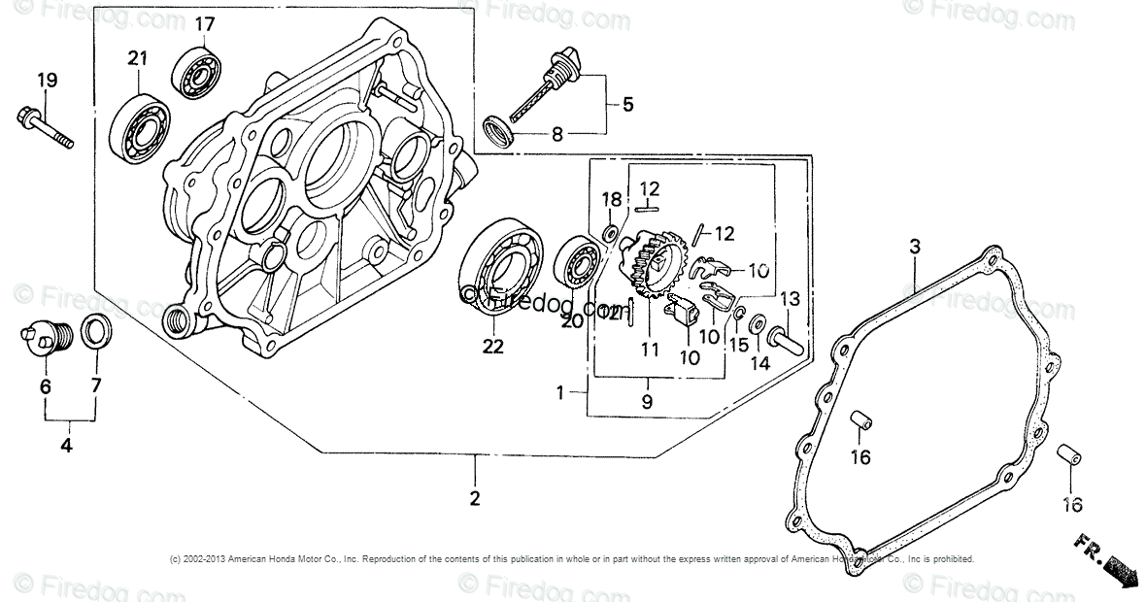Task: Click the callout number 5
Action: (627, 104)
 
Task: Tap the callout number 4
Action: (66, 447)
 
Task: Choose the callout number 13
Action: (790, 298)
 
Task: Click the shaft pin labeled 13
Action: (784, 340)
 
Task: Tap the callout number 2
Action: (475, 499)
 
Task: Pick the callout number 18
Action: (611, 200)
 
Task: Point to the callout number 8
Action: (556, 136)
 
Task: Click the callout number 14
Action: (759, 363)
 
